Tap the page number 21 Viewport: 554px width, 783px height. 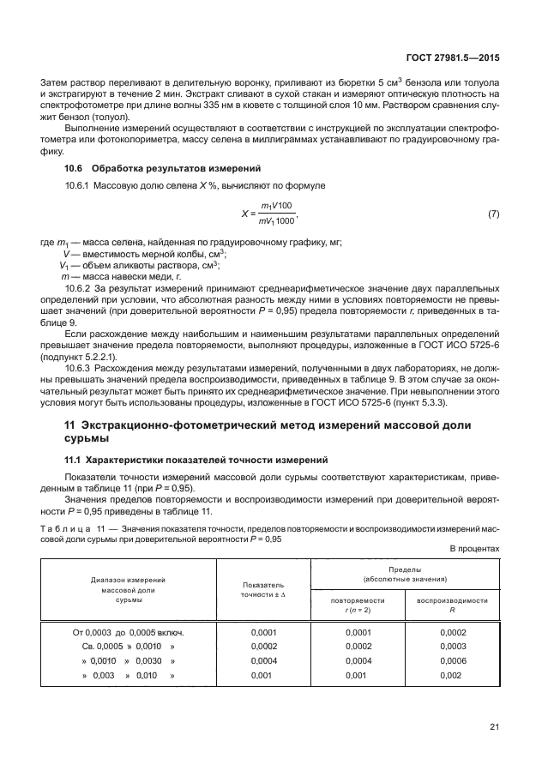tap(494, 728)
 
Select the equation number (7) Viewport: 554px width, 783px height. tap(493, 213)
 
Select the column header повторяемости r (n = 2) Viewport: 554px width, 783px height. tap(358, 605)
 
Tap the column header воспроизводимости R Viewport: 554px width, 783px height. tap(452, 605)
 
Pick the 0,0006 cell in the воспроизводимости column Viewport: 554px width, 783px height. tap(452, 661)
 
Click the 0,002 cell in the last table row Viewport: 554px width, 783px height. tap(452, 676)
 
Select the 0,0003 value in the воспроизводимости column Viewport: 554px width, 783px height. tap(452, 646)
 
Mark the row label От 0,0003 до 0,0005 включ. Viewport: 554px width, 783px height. tap(129, 631)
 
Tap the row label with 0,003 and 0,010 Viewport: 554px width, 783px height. tap(129, 676)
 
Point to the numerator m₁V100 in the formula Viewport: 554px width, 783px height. tap(277, 206)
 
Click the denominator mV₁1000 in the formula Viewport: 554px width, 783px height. tap(275, 220)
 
